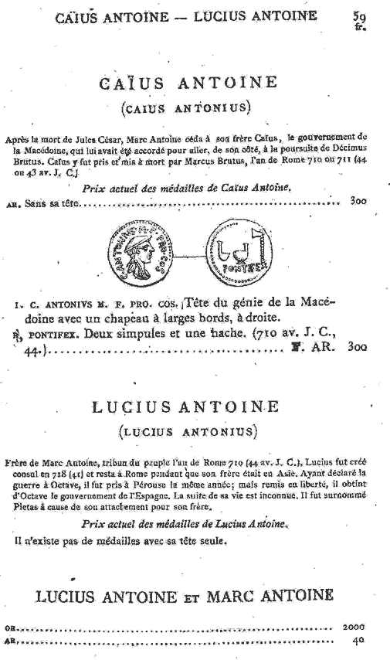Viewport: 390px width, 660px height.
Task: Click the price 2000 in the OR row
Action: (353, 627)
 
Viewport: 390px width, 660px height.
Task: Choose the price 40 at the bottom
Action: (358, 641)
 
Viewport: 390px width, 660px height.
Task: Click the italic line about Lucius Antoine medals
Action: (185, 525)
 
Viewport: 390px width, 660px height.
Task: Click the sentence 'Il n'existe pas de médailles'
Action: (120, 541)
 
